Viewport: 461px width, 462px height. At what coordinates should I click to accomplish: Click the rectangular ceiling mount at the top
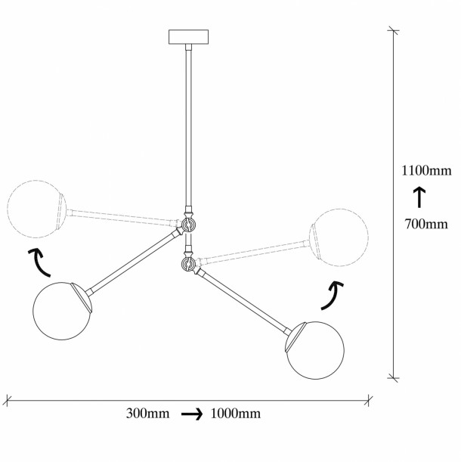click(x=188, y=37)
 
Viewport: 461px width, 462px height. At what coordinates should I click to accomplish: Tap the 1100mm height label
click(x=426, y=171)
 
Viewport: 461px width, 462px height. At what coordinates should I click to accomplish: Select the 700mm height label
click(x=426, y=225)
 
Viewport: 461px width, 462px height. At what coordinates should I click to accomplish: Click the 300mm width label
click(x=147, y=414)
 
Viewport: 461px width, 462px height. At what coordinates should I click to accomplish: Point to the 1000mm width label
click(x=235, y=414)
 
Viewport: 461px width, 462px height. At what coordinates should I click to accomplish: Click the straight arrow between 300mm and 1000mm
click(x=192, y=414)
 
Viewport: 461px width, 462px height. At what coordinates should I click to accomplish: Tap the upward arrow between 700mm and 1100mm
click(x=419, y=197)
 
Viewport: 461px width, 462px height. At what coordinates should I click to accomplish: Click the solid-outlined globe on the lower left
click(x=62, y=311)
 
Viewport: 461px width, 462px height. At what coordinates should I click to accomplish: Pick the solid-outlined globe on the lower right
click(x=315, y=350)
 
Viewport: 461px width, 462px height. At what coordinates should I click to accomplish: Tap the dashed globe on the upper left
click(x=36, y=209)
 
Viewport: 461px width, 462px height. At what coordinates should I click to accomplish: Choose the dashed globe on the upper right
click(x=339, y=237)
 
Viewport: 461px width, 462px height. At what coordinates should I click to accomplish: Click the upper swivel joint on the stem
click(x=188, y=225)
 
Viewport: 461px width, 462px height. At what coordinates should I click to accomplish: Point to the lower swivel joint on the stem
click(x=188, y=263)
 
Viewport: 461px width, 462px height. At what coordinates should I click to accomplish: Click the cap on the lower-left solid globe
click(x=82, y=296)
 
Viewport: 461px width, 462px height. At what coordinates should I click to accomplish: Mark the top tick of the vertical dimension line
click(x=393, y=31)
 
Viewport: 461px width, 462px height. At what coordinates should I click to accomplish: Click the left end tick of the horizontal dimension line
click(x=7, y=401)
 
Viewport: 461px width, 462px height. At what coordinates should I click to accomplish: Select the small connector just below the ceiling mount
click(x=188, y=48)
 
